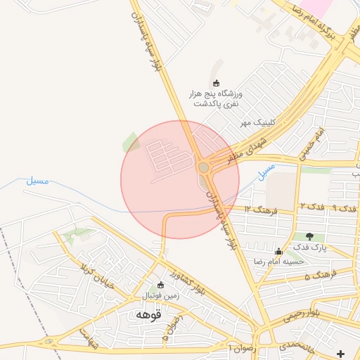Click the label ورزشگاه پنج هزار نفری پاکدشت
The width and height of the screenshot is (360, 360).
(x=215, y=98)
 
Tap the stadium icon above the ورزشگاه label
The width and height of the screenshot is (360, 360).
(x=216, y=84)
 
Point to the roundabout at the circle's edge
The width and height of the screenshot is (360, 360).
(x=204, y=167)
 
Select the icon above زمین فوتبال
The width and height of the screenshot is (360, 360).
(x=161, y=285)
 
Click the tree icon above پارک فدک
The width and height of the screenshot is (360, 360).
(x=310, y=236)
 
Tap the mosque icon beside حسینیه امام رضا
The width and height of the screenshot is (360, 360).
(x=279, y=251)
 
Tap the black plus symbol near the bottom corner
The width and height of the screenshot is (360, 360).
(x=341, y=353)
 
